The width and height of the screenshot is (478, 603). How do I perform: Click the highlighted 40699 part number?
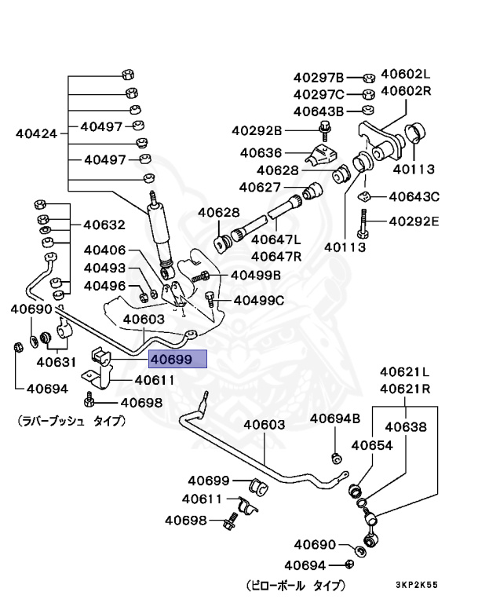(178, 360)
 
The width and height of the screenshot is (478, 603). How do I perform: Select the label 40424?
(36, 133)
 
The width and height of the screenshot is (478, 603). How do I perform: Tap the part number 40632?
(104, 225)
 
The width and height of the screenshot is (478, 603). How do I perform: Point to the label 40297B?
(319, 77)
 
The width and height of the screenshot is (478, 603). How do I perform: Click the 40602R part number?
(406, 90)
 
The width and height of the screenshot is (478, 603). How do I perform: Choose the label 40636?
(261, 153)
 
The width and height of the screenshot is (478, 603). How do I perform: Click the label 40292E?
(414, 221)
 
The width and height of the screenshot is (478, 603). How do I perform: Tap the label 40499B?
(255, 275)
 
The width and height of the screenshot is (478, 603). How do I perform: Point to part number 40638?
(405, 427)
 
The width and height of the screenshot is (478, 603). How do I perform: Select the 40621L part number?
(406, 371)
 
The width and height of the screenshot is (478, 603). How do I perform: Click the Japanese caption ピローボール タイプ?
(294, 585)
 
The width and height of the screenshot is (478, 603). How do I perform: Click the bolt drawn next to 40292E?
(362, 223)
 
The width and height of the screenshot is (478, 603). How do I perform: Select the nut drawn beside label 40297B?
(367, 78)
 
